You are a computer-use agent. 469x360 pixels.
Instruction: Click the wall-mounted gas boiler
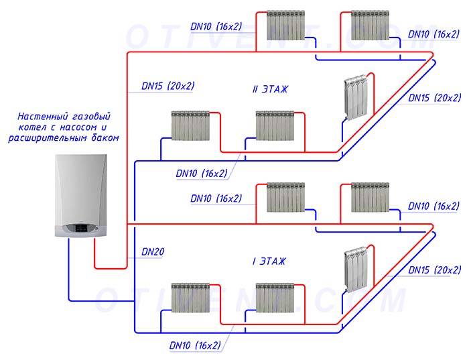pos(81,196)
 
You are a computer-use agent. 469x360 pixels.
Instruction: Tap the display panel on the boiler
pos(81,228)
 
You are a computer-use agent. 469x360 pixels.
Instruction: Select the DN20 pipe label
pos(153,252)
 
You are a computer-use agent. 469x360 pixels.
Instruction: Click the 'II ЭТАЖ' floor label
pos(270,89)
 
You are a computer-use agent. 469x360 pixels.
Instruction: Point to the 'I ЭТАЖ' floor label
pos(269,261)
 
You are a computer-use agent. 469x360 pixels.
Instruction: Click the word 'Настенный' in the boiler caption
pos(42,116)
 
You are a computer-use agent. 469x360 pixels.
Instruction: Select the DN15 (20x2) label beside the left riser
pos(167,86)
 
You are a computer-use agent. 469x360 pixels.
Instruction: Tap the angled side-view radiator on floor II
pos(356,97)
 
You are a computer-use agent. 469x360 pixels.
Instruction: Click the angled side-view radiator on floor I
pos(356,269)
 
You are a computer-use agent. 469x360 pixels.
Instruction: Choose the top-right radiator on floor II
pos(370,25)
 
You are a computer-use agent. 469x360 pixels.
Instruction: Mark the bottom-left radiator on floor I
pos(190,298)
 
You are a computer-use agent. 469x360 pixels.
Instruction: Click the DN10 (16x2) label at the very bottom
pos(195,345)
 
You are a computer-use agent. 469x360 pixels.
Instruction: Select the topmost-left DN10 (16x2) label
pos(216,27)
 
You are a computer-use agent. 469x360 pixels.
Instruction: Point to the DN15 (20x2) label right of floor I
pos(434,270)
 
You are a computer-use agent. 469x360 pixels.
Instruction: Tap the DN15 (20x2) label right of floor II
pos(434,98)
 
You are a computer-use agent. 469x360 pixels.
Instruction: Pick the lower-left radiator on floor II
pos(190,125)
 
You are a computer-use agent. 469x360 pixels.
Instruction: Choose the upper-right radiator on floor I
pos(370,198)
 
